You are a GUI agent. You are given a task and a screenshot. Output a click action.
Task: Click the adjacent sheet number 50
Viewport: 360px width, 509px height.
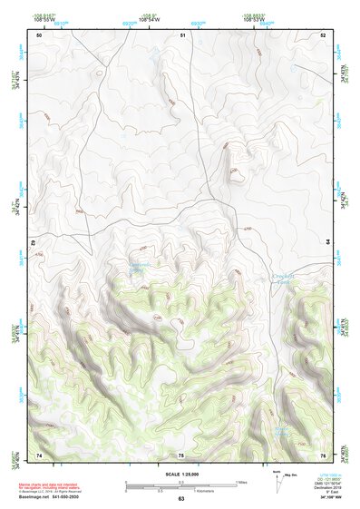coord(39,34)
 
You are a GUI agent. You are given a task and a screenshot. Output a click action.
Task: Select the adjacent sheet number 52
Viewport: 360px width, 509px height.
coord(322,34)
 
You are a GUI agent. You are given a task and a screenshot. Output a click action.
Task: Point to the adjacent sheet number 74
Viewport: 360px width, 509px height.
coord(39,455)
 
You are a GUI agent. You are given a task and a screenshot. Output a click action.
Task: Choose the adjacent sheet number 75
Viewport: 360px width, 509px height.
coord(181,455)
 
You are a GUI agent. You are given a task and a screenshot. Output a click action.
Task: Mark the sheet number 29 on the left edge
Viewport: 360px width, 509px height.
coord(34,244)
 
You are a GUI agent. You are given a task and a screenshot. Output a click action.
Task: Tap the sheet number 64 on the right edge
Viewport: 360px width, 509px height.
coord(327,242)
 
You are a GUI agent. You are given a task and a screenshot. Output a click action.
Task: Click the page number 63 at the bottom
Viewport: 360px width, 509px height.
coord(181,499)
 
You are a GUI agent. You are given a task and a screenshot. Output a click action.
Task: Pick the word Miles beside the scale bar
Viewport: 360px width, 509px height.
coord(240,482)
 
